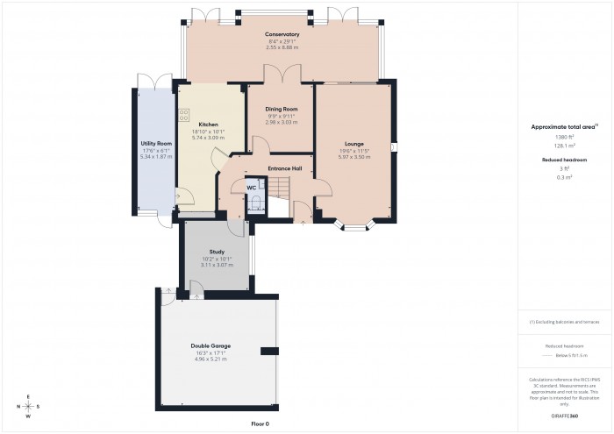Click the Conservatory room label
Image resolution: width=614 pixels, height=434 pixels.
[282, 35]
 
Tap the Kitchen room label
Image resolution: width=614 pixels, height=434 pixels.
[208, 125]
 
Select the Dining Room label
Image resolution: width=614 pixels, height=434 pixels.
[282, 109]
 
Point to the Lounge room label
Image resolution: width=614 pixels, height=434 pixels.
[354, 144]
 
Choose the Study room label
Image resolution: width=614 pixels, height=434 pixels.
[217, 252]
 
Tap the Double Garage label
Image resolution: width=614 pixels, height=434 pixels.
[211, 345]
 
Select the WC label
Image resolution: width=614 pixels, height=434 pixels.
[251, 188]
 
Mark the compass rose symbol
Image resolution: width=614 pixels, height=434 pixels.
[28, 407]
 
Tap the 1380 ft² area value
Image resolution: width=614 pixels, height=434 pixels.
[564, 138]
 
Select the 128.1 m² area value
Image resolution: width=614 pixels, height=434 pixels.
[564, 146]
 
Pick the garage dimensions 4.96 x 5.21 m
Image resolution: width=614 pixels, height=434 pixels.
[211, 359]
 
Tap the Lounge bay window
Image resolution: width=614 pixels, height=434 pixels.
[354, 227]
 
